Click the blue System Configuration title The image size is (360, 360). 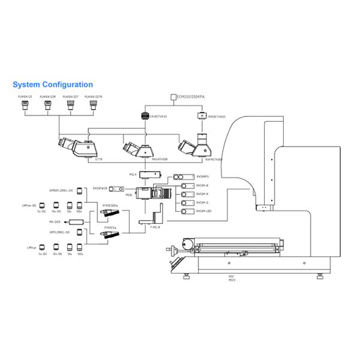(x=53, y=85)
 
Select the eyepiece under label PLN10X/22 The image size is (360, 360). (x=25, y=106)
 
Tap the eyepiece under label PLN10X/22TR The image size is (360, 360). (x=93, y=106)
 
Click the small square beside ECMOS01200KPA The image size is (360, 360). (x=173, y=96)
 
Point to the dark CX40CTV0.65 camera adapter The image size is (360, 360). (x=144, y=115)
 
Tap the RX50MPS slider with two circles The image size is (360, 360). (x=182, y=177)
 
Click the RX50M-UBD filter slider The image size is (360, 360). (x=185, y=211)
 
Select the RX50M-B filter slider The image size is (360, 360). (x=185, y=185)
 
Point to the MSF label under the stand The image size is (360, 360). (x=232, y=277)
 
